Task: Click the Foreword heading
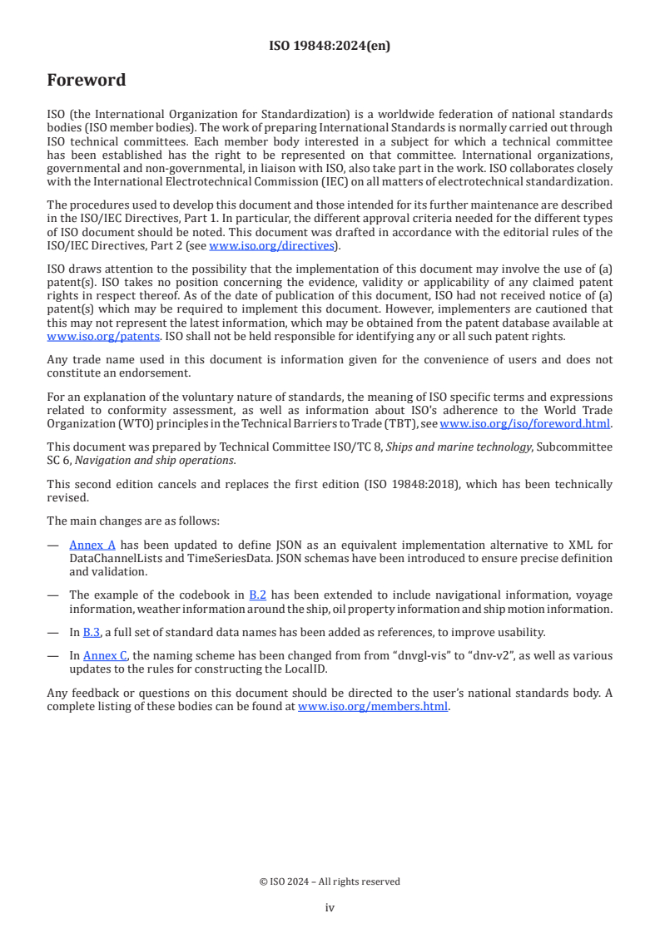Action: pyautogui.click(x=87, y=81)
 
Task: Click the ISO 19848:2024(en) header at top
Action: pyautogui.click(x=330, y=47)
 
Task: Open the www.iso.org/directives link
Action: pyautogui.click(x=271, y=245)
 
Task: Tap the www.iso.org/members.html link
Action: pyautogui.click(x=373, y=707)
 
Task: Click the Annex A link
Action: pyautogui.click(x=92, y=545)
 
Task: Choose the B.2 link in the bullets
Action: pyautogui.click(x=257, y=595)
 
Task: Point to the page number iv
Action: pyautogui.click(x=330, y=907)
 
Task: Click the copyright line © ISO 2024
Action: pyautogui.click(x=330, y=881)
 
